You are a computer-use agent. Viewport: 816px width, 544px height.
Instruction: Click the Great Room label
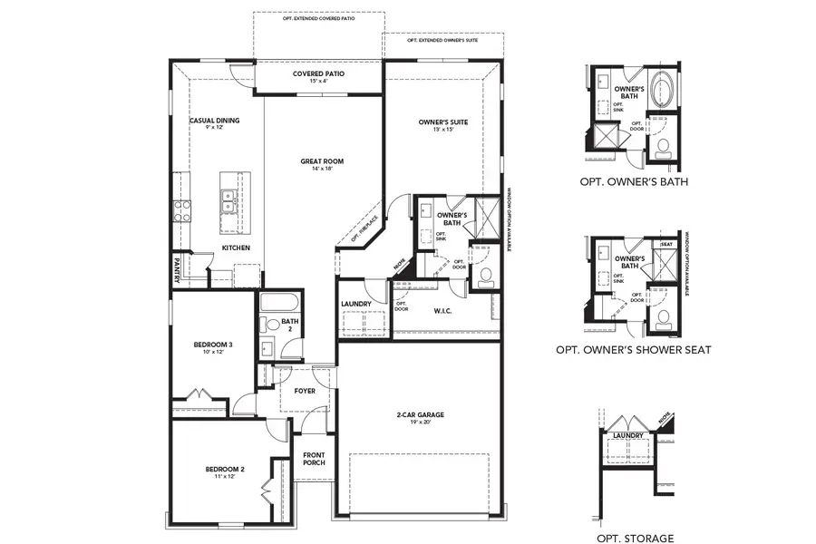322,162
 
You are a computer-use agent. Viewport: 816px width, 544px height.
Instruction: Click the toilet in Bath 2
269,324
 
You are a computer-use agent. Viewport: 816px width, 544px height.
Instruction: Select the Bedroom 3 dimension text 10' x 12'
208,352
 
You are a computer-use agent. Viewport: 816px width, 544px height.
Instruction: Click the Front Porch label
314,459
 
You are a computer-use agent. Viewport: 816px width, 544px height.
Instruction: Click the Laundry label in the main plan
357,305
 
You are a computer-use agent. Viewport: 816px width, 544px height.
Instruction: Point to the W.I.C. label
442,310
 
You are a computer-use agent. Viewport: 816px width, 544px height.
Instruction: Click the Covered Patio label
318,73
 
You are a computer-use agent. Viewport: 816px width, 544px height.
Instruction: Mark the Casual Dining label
214,121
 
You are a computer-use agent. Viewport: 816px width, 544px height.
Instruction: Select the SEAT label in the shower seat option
666,245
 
